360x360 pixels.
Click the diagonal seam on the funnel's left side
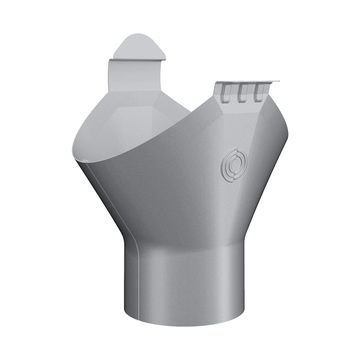click(x=108, y=202)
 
